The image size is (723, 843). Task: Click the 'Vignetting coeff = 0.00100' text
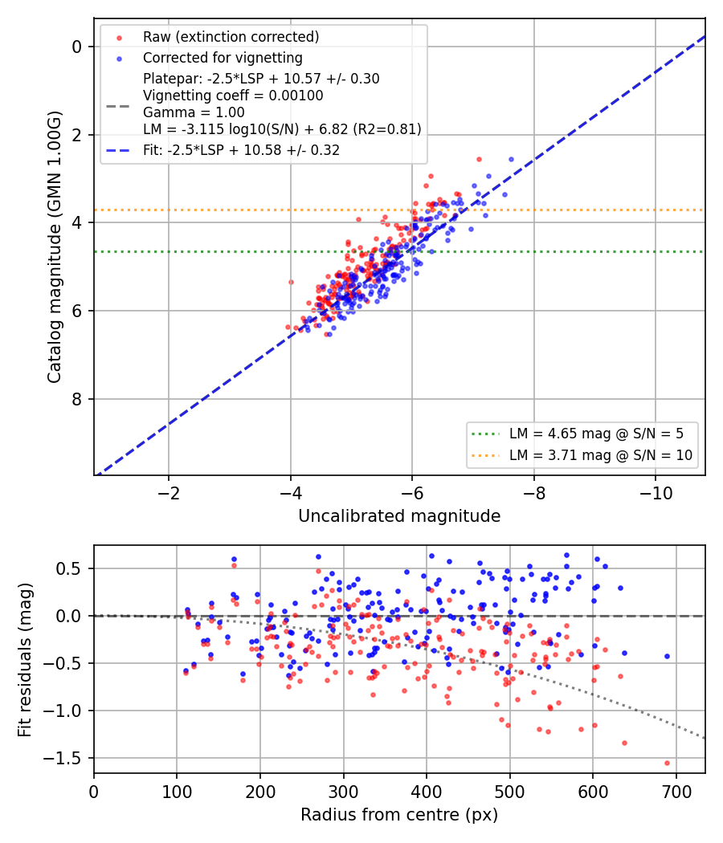click(233, 96)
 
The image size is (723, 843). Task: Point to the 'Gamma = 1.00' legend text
click(194, 112)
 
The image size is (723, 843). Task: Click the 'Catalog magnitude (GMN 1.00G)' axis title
click(55, 246)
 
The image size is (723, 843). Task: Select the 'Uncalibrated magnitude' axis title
click(399, 516)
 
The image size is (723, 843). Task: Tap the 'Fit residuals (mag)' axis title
click(25, 660)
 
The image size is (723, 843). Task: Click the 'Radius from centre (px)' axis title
click(399, 815)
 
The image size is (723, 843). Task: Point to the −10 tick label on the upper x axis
click(656, 493)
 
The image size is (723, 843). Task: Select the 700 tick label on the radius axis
click(676, 792)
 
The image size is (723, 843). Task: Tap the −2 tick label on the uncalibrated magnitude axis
click(169, 493)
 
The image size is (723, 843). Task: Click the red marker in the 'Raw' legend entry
click(119, 38)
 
